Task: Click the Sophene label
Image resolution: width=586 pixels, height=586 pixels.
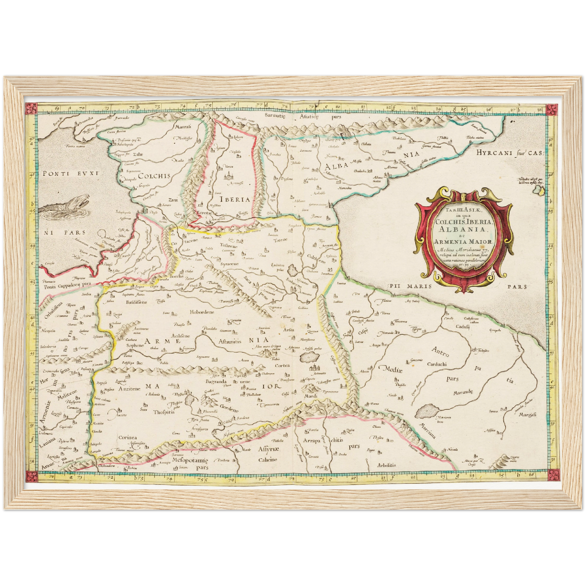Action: coord(135,346)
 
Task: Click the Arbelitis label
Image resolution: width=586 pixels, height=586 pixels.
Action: coord(386,465)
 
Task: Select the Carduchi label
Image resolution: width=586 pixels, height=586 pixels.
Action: coord(436,364)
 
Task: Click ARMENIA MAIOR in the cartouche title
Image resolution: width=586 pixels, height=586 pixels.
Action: coord(462,242)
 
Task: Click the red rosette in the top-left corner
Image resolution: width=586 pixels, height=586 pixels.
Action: coord(31,109)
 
